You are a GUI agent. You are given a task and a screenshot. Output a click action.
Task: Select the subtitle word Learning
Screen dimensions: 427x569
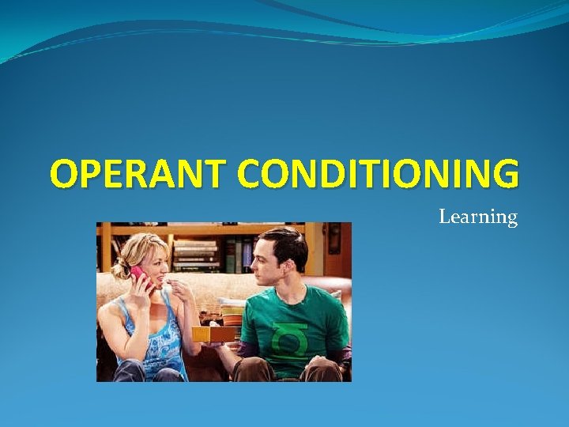pos(477,217)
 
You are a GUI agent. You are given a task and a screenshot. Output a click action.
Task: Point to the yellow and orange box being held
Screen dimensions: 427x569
pos(214,334)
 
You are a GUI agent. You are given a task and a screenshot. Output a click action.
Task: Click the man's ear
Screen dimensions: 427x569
pos(304,262)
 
